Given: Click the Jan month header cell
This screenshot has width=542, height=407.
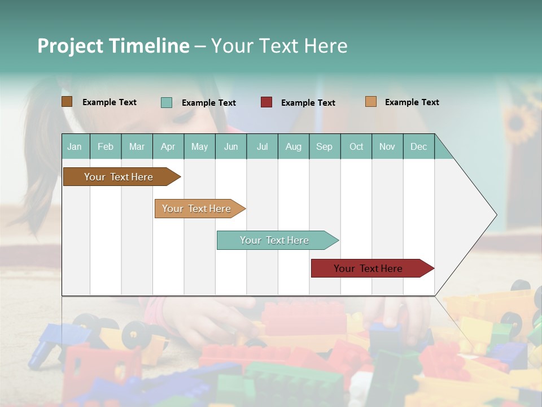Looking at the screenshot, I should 75,146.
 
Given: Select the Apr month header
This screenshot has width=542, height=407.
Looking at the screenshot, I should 168,146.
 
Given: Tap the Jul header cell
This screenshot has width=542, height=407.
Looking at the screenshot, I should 262,146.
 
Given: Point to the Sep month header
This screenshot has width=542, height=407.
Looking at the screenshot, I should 325,146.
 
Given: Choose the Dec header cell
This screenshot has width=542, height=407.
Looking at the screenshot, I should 418,146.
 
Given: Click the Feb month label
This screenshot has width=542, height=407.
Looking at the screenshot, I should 106,146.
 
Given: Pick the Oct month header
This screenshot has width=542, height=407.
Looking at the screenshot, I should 356,146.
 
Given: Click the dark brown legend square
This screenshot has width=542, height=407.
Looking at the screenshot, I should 67,102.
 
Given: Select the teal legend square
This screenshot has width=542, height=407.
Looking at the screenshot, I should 167,102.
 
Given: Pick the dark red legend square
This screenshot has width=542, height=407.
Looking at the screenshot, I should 266,102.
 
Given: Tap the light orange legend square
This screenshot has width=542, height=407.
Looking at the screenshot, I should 370,102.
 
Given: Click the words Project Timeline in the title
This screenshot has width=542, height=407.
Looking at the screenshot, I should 113,46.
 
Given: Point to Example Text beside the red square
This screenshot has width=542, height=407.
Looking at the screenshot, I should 308,103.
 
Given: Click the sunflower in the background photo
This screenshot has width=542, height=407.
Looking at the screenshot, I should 520,122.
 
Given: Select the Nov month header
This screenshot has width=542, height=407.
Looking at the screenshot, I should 387,146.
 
